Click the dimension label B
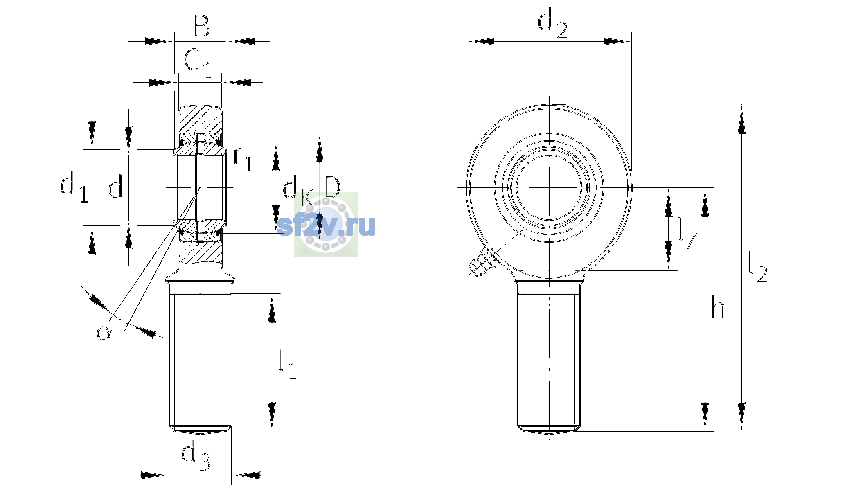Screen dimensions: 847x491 pos(202,26)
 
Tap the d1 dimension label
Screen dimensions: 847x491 pos(74,187)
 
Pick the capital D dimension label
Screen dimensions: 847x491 pos(332,187)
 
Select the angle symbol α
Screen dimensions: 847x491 pos(105,332)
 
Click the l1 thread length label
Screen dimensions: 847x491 pos(287,363)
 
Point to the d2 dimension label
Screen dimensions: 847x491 pos(552,25)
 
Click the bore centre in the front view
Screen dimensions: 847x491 pos(549,187)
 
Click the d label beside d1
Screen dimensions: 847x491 pos(115,188)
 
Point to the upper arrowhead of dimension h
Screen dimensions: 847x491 pos(705,203)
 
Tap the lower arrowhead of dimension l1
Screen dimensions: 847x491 pos(272,416)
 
